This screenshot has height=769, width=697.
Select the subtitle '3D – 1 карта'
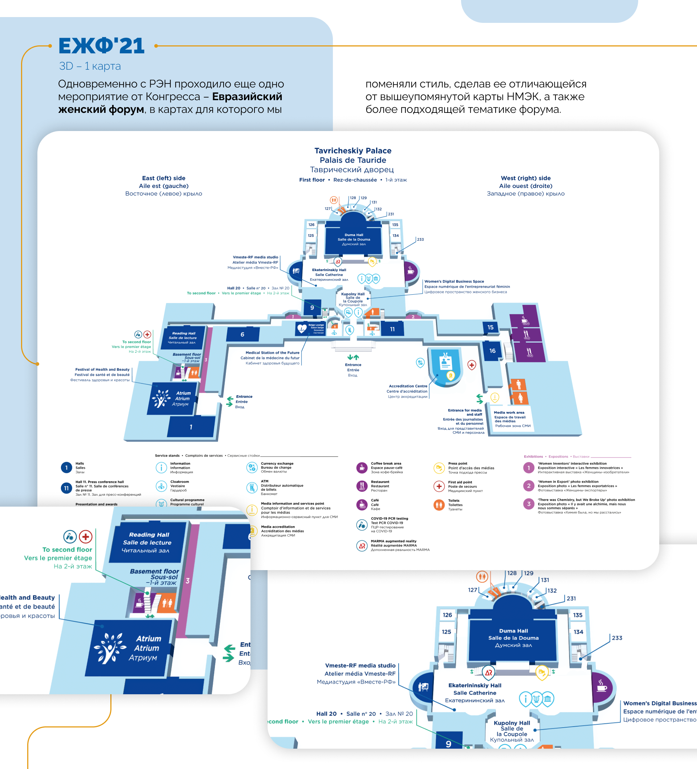[90, 66]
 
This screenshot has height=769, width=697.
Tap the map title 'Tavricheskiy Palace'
[353, 151]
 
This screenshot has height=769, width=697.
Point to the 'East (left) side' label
[164, 178]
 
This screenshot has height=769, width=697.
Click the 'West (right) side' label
[526, 178]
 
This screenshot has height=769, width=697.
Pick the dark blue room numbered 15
[490, 327]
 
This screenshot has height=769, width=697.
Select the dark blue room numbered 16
[493, 351]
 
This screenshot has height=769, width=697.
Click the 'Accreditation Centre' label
[408, 386]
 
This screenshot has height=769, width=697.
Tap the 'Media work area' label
[509, 412]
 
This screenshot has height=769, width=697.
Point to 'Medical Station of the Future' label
[272, 353]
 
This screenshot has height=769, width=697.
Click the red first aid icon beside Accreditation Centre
[472, 365]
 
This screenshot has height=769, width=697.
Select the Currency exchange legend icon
[252, 467]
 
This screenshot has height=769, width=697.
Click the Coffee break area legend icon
[362, 468]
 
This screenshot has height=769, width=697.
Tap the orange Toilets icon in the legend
[439, 505]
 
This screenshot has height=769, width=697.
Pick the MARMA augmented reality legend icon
[362, 546]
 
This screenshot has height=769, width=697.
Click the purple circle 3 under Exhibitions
[529, 504]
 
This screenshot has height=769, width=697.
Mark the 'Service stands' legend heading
[167, 455]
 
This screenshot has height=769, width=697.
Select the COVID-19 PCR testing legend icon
[362, 525]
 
